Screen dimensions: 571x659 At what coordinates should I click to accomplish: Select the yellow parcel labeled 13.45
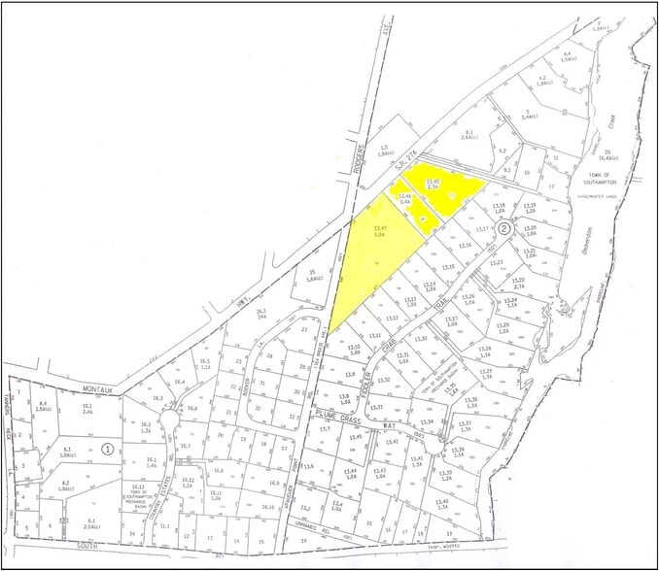436,184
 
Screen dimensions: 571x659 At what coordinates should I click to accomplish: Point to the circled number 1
107,449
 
